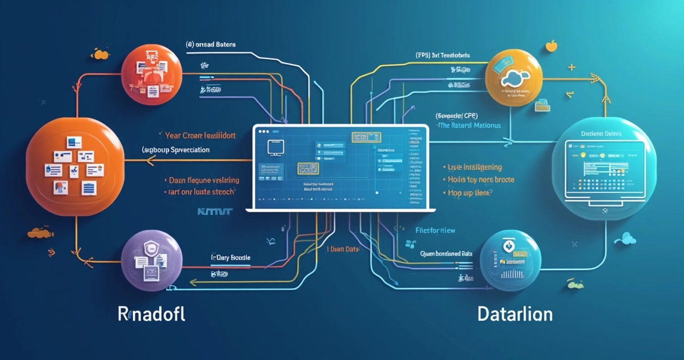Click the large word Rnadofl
(x=151, y=314)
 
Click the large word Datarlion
(x=515, y=314)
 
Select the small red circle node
(x=152, y=75)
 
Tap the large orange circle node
(x=75, y=163)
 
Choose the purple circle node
(x=152, y=260)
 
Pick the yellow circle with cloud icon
(x=516, y=78)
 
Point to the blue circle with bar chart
(x=510, y=260)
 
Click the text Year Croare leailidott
(x=200, y=136)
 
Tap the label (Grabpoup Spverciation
(x=175, y=150)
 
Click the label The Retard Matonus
(x=469, y=125)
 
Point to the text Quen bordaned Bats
(x=447, y=254)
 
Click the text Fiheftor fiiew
(x=435, y=230)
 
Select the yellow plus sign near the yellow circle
(x=571, y=67)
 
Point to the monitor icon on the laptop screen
(x=275, y=146)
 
